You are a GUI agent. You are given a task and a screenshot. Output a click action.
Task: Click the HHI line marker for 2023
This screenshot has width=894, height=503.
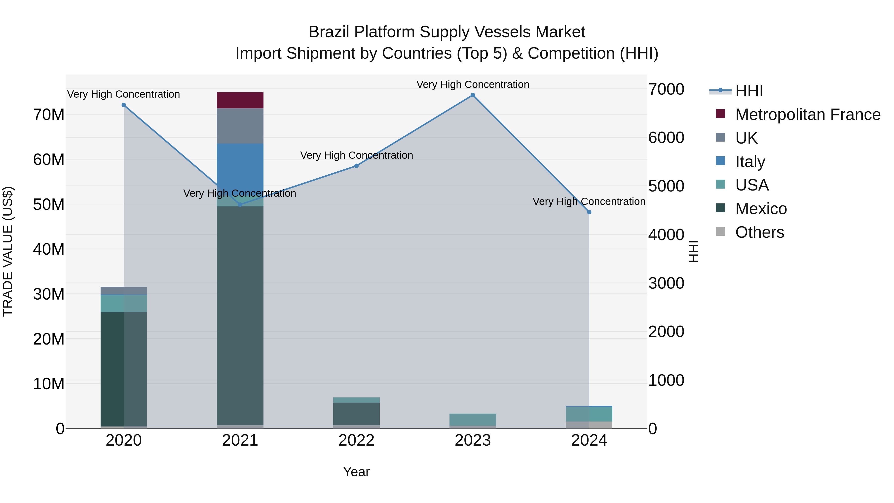472,95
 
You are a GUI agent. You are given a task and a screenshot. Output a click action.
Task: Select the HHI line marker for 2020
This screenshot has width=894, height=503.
124,105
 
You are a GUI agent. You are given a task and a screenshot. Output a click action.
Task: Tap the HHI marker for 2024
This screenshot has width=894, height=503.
589,212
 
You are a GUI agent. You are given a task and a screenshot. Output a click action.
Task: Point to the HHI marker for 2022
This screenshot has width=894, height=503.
356,166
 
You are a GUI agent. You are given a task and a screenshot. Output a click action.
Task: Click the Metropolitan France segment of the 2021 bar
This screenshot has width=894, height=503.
240,100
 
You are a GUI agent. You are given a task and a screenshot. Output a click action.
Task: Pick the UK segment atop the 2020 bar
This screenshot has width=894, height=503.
124,291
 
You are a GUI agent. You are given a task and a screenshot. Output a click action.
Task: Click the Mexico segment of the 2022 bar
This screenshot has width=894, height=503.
356,414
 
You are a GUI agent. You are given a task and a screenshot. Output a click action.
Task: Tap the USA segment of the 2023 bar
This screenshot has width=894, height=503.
472,419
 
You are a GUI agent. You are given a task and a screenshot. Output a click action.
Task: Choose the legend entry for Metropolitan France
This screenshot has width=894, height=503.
807,115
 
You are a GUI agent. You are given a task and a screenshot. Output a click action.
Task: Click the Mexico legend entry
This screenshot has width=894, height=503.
761,209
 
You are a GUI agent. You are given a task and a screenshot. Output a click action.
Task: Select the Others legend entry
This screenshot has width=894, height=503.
759,232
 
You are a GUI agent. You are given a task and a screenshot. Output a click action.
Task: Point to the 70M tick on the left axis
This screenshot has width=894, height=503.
49,115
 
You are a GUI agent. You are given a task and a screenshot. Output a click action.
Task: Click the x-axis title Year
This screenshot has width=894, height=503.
356,472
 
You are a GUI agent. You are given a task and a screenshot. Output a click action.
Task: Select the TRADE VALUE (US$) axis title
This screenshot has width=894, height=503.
8,251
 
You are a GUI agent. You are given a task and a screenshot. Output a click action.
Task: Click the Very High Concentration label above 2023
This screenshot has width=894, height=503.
472,84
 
